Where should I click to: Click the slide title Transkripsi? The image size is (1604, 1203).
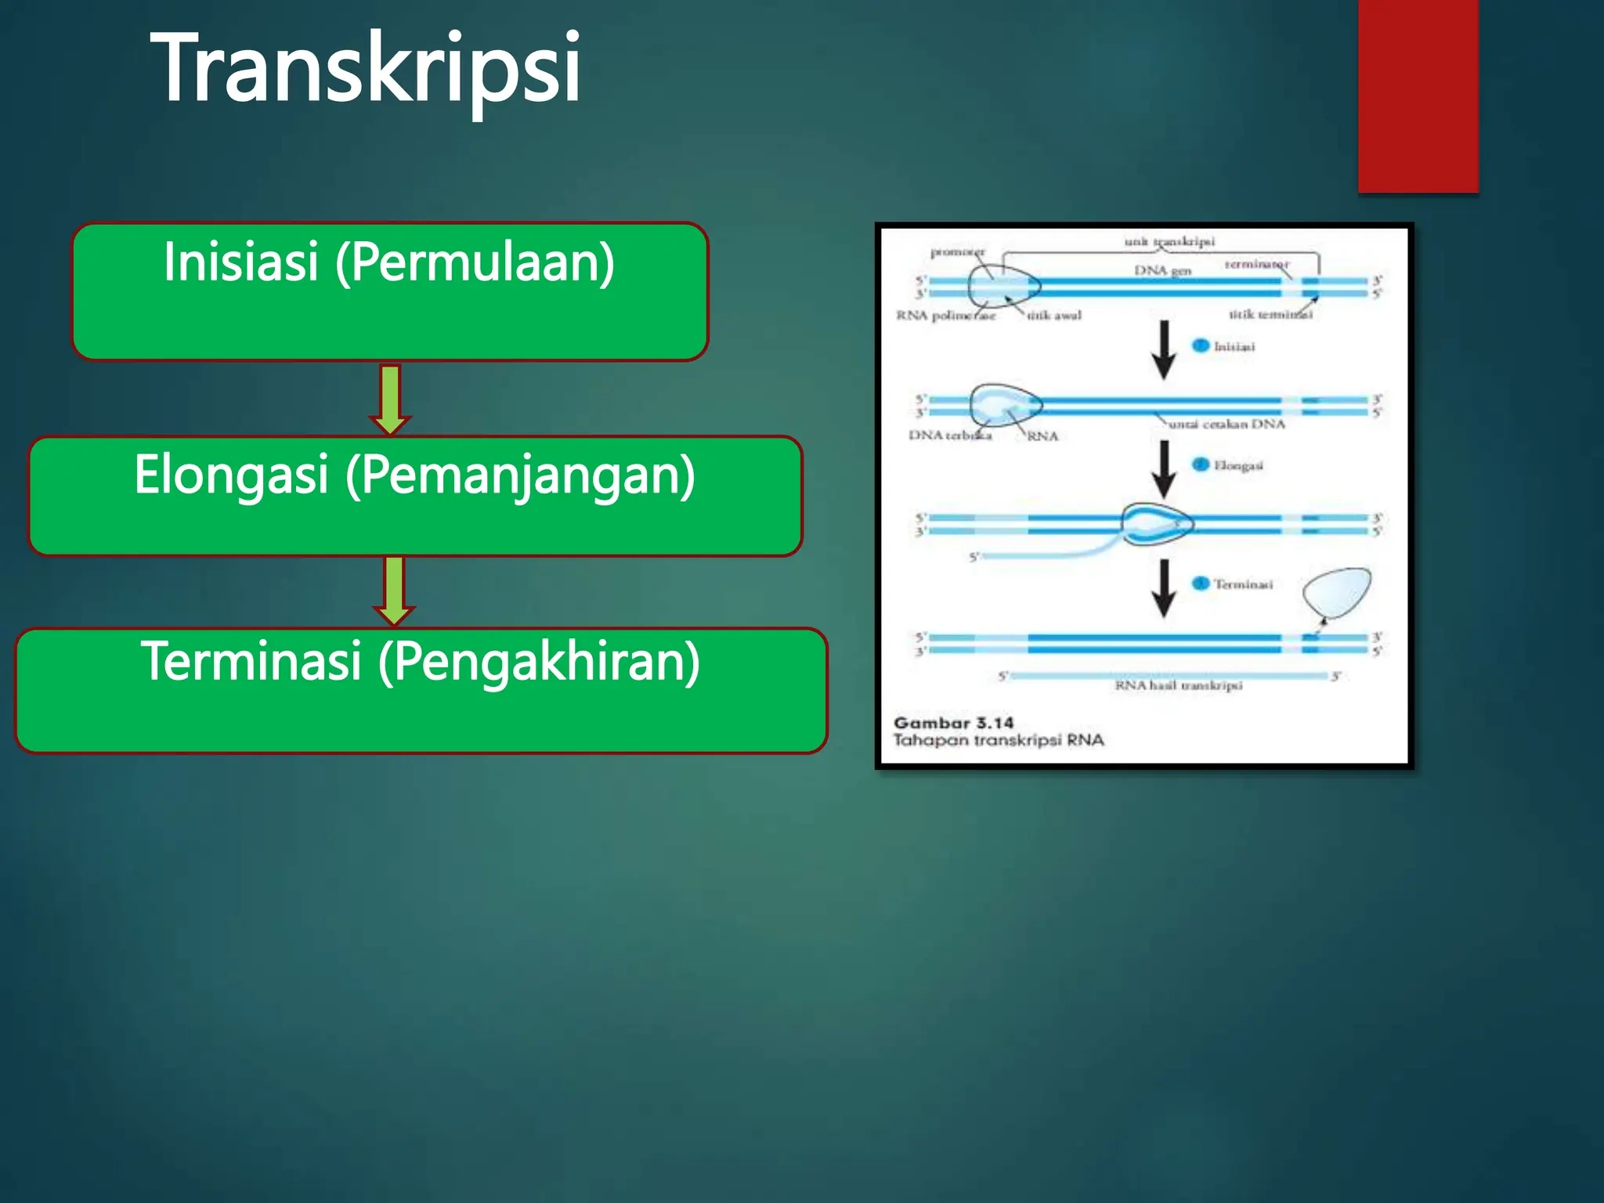click(x=366, y=69)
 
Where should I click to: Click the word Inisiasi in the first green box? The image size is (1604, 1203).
click(x=240, y=262)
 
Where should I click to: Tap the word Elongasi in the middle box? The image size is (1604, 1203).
click(x=230, y=475)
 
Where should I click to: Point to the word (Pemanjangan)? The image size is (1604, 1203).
click(x=521, y=476)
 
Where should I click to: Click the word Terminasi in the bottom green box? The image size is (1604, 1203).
click(x=251, y=661)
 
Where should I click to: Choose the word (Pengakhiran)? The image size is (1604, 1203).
click(x=539, y=663)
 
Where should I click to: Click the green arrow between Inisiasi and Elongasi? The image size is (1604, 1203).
click(x=390, y=399)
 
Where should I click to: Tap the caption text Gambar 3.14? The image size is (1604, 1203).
click(x=953, y=723)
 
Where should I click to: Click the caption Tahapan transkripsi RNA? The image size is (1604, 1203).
click(x=999, y=740)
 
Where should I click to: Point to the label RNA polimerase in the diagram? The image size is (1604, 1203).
click(x=945, y=316)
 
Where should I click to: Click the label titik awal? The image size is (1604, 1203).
click(x=1054, y=316)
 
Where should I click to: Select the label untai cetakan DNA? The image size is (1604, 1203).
click(x=1226, y=424)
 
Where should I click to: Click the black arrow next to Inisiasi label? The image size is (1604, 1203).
click(x=1164, y=349)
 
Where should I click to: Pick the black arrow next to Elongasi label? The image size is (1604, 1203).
click(x=1164, y=468)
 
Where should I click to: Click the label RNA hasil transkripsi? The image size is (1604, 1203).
click(x=1178, y=686)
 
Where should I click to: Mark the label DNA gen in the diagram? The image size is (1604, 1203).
click(x=1162, y=270)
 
